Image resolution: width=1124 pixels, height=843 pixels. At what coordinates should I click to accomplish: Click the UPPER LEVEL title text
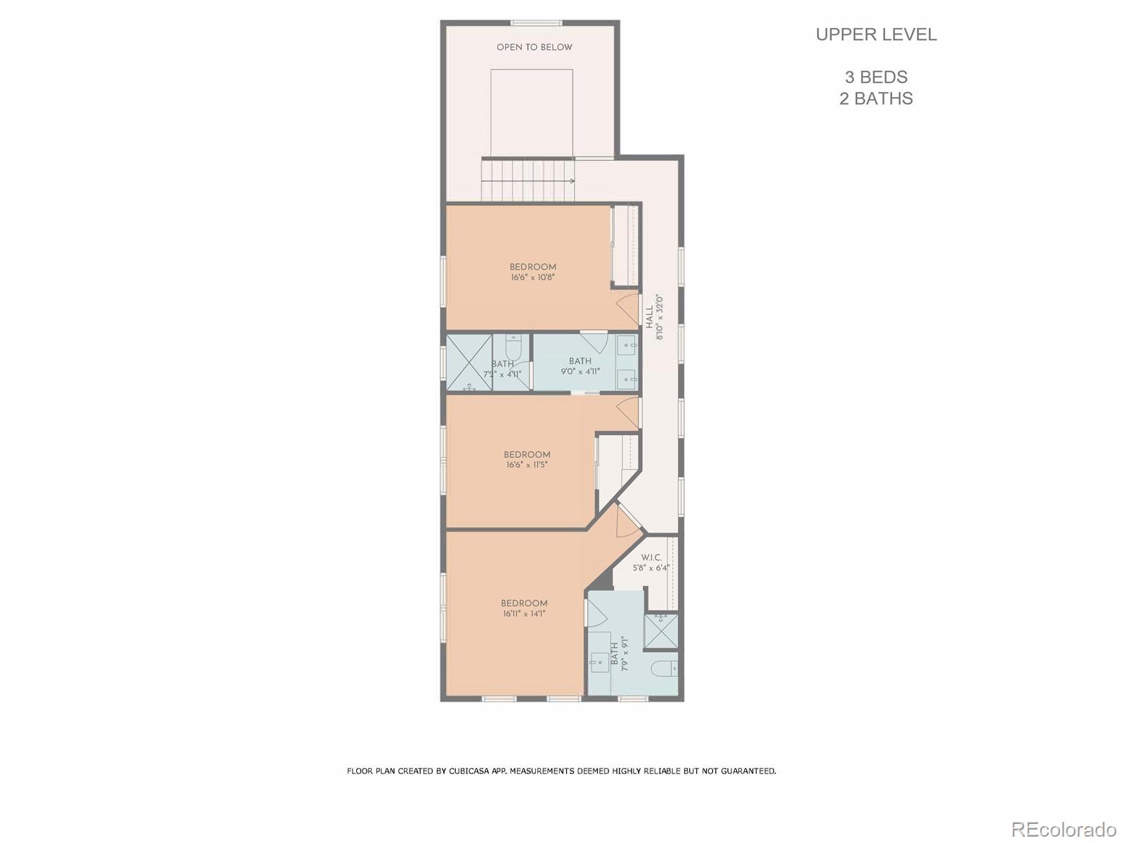coord(876,34)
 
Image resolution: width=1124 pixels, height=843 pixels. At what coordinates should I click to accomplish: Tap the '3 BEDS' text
coord(876,77)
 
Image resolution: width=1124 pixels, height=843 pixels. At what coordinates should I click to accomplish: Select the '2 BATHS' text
coord(876,98)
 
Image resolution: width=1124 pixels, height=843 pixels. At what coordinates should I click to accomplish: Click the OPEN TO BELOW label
coord(534,48)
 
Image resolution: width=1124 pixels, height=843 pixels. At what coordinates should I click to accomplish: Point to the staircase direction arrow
coord(571,181)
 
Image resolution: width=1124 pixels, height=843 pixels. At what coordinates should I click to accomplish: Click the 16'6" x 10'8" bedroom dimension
coord(532,277)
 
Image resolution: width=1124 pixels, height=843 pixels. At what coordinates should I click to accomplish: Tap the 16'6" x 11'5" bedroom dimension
coord(526,465)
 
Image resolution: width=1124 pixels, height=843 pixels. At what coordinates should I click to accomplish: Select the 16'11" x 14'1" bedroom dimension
coord(524,614)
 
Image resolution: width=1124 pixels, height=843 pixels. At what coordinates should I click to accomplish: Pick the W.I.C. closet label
coord(651,558)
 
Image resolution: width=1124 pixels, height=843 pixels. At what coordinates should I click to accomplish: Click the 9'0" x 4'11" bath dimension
coord(580,372)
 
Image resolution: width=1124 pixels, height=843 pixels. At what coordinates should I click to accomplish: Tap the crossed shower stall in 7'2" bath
coord(469,362)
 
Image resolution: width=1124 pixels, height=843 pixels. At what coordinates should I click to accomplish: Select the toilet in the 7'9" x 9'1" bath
coord(664,667)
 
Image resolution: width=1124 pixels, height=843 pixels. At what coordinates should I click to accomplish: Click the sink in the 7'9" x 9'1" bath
coord(600,661)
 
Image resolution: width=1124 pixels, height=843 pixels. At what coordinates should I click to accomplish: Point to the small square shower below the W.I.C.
coord(661,631)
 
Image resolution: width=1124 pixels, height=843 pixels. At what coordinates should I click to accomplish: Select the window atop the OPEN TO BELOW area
coord(536,23)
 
